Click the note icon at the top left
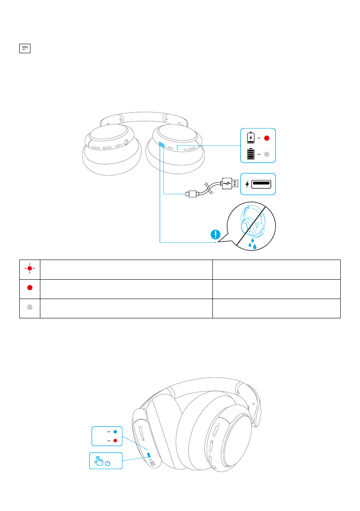(x=25, y=48)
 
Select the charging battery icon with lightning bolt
(x=250, y=138)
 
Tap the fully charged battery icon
(x=250, y=154)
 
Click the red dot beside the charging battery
(x=266, y=138)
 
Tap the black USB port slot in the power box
(x=261, y=184)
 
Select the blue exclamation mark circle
(x=216, y=235)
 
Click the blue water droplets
(x=253, y=245)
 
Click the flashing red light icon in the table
(x=30, y=269)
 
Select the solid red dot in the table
(x=30, y=288)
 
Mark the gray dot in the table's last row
(x=30, y=308)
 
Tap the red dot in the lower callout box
(x=115, y=441)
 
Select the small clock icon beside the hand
(x=108, y=463)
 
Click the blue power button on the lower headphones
(x=148, y=455)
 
